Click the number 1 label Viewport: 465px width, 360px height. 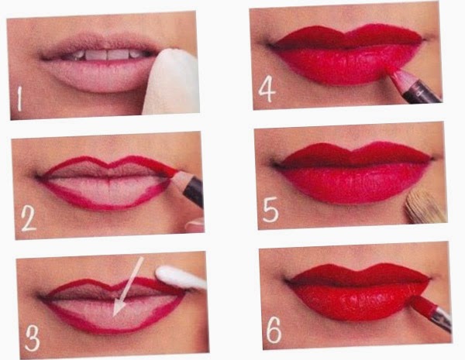19,99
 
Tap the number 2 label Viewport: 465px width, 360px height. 29,219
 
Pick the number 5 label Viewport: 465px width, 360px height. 270,210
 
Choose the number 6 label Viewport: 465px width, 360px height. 274,330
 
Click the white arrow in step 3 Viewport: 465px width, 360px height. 128,286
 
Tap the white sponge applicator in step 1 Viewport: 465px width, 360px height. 171,82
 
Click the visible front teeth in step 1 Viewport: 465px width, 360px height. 107,55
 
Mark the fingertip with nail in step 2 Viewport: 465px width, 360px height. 195,226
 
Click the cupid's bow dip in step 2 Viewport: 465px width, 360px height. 109,164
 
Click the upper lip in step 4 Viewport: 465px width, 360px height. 347,37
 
